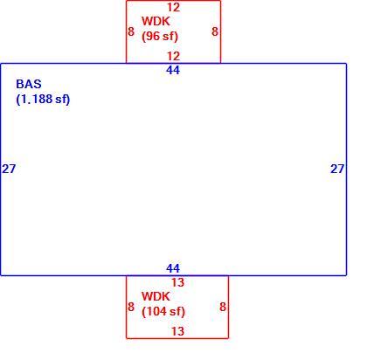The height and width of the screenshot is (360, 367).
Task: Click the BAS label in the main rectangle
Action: (x=29, y=84)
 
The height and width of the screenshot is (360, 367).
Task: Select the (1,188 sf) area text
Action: (x=43, y=100)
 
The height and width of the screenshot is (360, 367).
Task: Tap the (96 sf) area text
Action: (x=160, y=37)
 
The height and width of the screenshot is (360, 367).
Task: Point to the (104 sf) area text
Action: (x=163, y=312)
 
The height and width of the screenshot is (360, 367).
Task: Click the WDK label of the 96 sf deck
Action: (x=156, y=21)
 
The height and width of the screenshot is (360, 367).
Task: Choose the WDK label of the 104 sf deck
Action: (x=156, y=296)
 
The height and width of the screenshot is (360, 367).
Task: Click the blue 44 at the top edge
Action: (x=173, y=70)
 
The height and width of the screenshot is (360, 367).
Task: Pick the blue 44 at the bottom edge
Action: (x=173, y=268)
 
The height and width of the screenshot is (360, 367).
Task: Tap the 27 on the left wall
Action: (x=9, y=169)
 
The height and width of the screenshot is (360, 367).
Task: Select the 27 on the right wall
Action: (x=337, y=169)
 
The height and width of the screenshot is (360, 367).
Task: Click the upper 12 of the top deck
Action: (x=173, y=7)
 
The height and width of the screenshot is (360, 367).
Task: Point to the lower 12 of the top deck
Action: (x=173, y=56)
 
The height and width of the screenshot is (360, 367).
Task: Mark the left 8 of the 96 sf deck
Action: (x=131, y=31)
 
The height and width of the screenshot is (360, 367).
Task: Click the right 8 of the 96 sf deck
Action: (x=215, y=31)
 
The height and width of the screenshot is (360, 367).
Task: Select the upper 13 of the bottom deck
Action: (x=177, y=282)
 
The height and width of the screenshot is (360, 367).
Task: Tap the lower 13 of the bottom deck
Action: (x=177, y=331)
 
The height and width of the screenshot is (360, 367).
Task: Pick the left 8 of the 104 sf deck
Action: (x=131, y=307)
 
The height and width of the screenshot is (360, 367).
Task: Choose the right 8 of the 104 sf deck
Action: (x=223, y=307)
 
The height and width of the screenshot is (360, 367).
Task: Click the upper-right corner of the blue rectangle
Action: (x=346, y=64)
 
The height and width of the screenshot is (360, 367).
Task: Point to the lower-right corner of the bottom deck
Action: (x=228, y=338)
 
